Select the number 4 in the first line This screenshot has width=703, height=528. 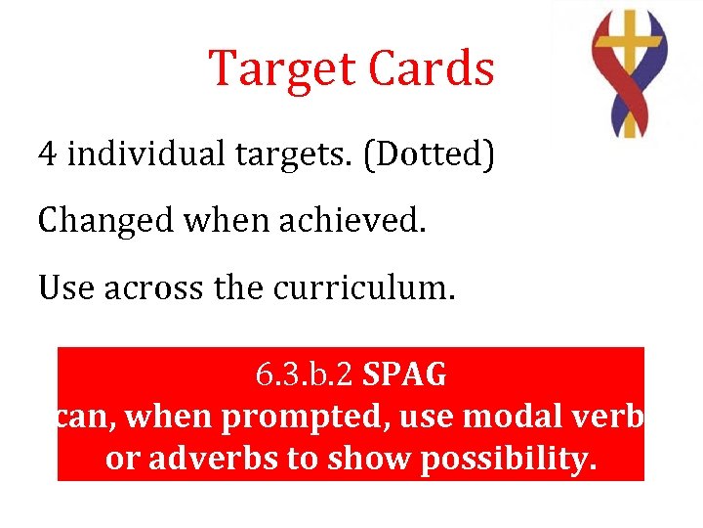pyautogui.click(x=47, y=154)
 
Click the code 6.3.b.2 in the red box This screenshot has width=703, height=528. pyautogui.click(x=305, y=374)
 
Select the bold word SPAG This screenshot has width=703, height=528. pyautogui.click(x=404, y=374)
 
